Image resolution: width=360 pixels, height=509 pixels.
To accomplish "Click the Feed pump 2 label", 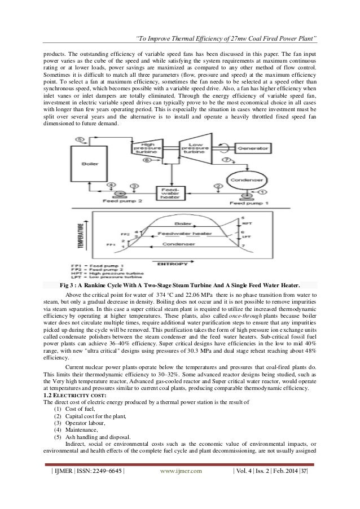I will (115, 200).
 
